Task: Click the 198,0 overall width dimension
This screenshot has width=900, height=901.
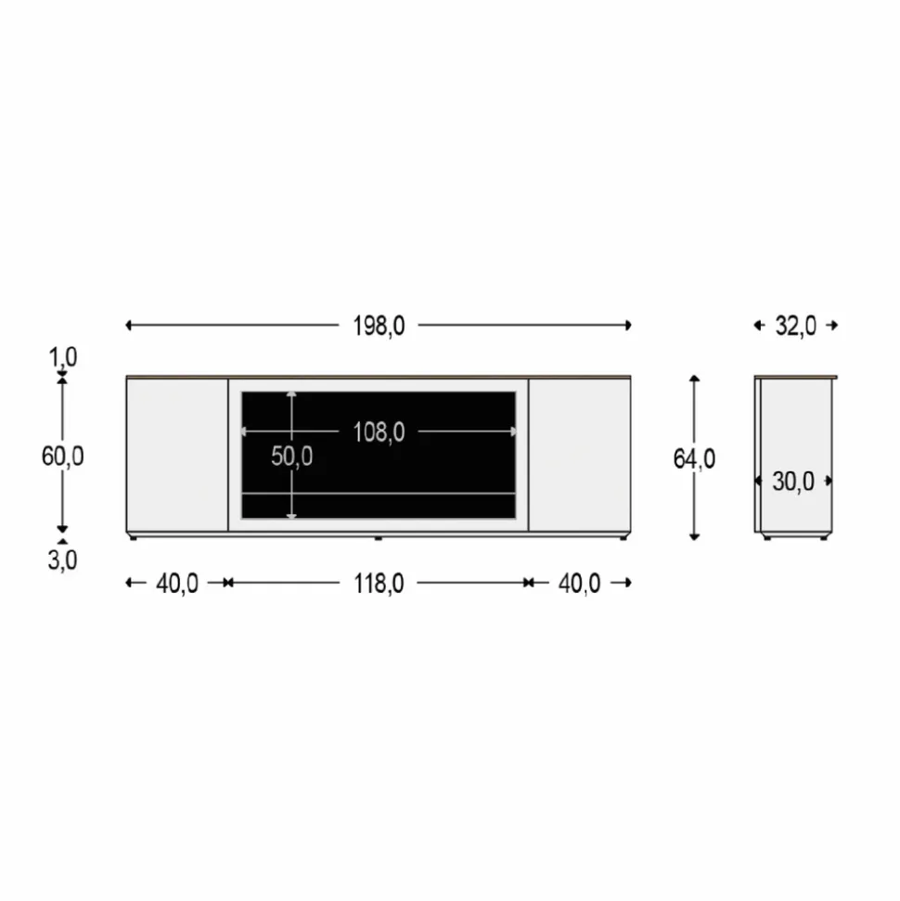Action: click(x=379, y=326)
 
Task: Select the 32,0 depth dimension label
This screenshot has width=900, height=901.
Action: click(x=795, y=326)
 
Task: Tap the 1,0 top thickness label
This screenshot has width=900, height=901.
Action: click(x=63, y=357)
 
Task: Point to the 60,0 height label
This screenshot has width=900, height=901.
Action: click(x=63, y=457)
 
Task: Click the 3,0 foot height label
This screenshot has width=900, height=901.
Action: click(x=63, y=560)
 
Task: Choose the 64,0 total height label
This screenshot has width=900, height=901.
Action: click(x=694, y=459)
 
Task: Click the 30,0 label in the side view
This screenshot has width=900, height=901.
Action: click(x=793, y=482)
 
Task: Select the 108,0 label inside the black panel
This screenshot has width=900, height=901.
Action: click(x=379, y=432)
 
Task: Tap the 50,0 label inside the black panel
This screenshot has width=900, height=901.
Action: click(x=292, y=457)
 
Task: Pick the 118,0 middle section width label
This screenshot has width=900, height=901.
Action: click(x=379, y=584)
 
